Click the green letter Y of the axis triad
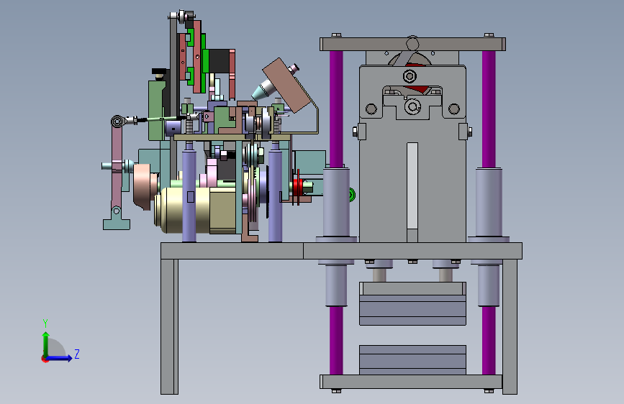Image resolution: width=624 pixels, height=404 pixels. click(45, 323)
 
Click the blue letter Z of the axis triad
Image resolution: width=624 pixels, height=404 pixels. click(77, 354)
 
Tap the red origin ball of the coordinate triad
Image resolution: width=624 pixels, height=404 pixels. click(45, 359)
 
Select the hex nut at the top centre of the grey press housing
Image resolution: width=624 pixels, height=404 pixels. click(410, 76)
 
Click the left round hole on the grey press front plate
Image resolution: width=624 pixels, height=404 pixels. click(371, 109)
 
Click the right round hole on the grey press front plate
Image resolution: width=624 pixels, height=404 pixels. click(454, 109)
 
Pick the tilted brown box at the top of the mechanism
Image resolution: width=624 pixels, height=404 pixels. click(286, 85)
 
